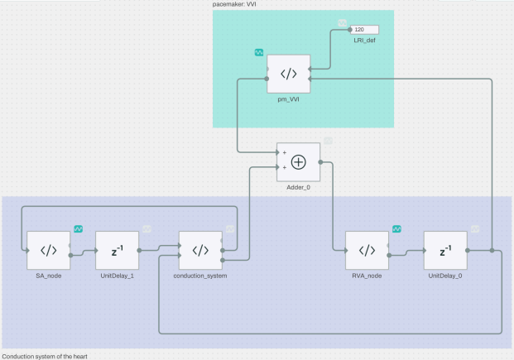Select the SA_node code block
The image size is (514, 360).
click(49, 250)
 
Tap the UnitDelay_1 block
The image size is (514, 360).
click(117, 250)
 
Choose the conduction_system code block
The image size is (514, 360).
click(200, 250)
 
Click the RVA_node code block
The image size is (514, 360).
click(367, 250)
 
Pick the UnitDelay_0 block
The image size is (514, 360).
click(444, 250)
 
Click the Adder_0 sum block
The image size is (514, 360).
click(299, 162)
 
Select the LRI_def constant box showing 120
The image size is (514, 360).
click(363, 30)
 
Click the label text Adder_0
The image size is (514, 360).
click(299, 189)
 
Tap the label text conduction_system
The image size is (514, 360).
click(200, 276)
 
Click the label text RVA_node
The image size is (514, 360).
click(367, 276)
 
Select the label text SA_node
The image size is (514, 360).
click(49, 276)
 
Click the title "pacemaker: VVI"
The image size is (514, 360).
click(235, 4)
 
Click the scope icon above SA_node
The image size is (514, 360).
click(79, 228)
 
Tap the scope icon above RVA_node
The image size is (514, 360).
click(396, 228)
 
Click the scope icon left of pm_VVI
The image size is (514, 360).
click(259, 53)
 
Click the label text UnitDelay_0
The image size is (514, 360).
click(444, 276)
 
